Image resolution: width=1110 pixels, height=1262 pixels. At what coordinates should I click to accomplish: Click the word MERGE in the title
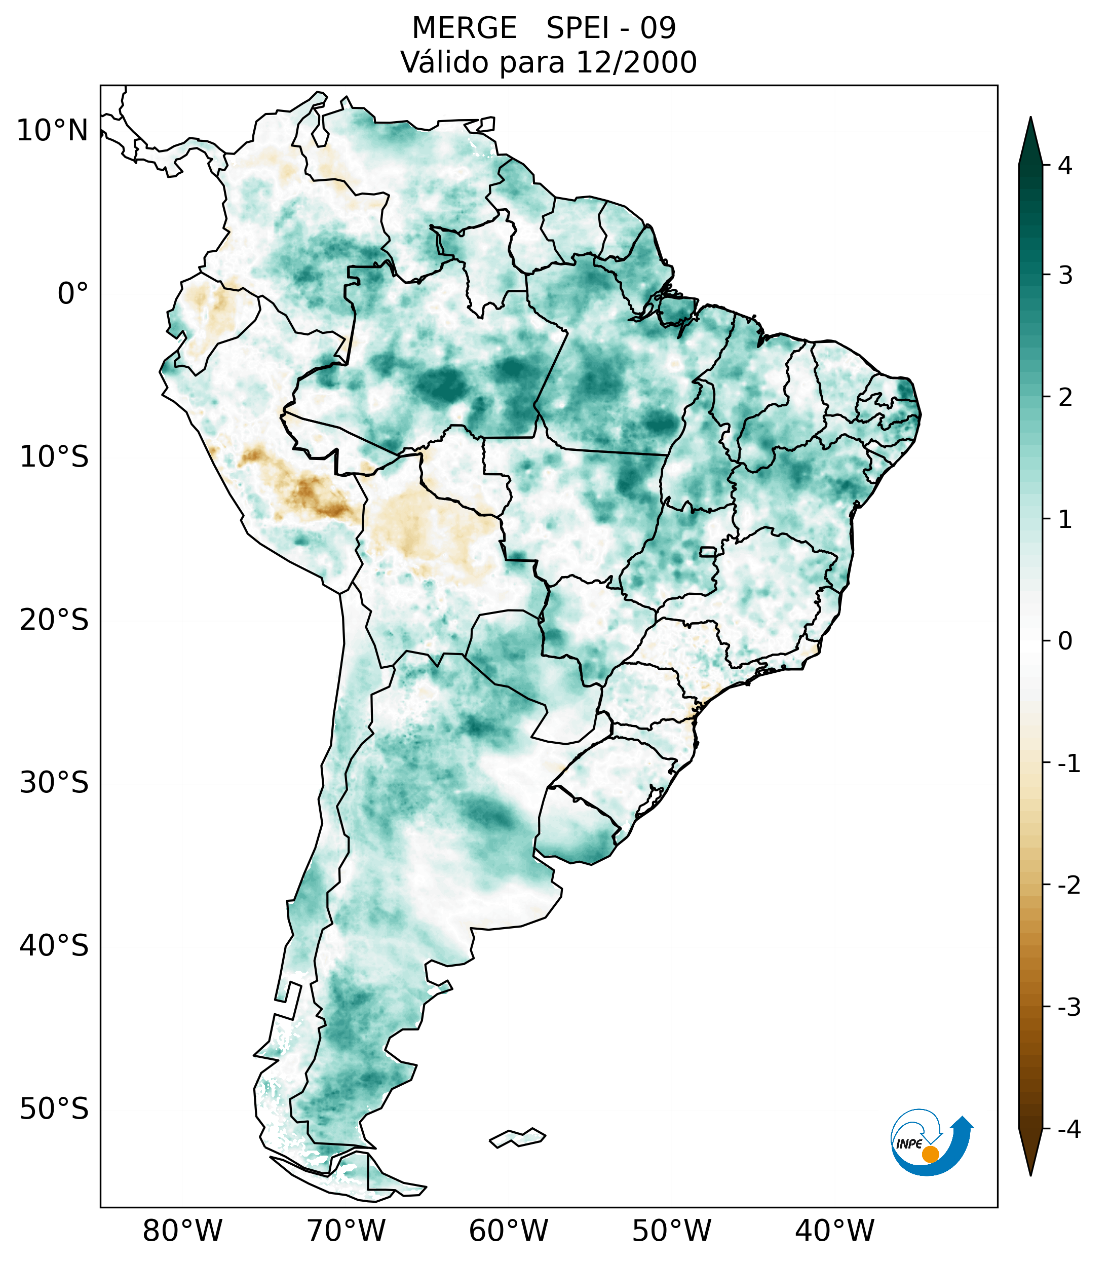[x=464, y=28]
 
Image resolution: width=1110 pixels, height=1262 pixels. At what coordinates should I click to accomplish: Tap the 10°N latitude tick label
[x=52, y=131]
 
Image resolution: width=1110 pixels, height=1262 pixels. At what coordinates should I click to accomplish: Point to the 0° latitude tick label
[x=73, y=294]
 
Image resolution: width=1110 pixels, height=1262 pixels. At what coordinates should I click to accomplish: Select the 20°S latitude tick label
[x=54, y=620]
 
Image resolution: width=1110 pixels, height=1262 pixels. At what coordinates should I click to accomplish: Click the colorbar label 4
[x=1065, y=166]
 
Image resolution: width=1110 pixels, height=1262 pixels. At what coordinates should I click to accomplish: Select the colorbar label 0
[x=1065, y=641]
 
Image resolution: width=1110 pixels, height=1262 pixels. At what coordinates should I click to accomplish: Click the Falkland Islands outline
[x=518, y=1137]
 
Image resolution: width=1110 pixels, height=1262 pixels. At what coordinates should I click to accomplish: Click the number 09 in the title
[x=658, y=28]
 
